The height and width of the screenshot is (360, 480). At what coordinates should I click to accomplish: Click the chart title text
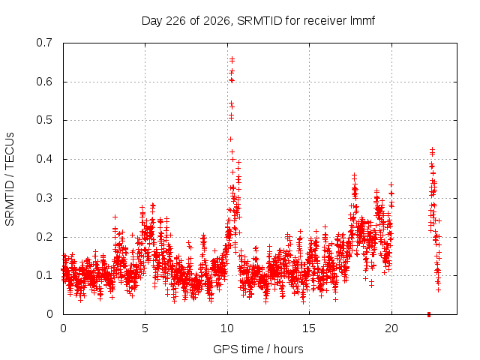click(258, 21)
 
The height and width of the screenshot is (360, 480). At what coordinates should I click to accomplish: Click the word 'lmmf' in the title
click(362, 21)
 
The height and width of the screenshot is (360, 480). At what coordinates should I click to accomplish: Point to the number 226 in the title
click(175, 21)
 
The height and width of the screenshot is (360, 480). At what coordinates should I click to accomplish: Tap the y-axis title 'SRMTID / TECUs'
click(10, 179)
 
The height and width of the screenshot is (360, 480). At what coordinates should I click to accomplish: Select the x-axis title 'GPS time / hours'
click(258, 349)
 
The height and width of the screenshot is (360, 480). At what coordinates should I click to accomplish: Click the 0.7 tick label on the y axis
click(44, 43)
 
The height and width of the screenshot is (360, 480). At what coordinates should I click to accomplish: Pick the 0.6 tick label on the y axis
click(44, 82)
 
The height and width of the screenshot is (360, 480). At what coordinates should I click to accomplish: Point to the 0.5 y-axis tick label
click(44, 120)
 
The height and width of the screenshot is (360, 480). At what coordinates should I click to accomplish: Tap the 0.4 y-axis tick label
click(44, 159)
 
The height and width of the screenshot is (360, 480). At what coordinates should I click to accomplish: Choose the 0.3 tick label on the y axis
click(44, 198)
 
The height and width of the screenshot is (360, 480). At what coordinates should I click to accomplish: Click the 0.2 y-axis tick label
click(44, 237)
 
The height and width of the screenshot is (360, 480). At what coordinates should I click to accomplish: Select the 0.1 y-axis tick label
click(44, 275)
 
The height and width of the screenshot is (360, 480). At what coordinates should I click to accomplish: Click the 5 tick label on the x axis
click(145, 328)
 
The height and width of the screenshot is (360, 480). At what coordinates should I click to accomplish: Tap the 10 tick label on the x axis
click(227, 328)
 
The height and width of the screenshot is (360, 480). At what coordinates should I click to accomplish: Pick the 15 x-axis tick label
click(309, 328)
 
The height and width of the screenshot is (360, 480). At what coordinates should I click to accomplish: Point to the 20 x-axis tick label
click(391, 328)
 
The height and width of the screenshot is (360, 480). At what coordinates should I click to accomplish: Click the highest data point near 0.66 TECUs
click(232, 58)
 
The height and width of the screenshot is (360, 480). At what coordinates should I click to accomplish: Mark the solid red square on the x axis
click(429, 314)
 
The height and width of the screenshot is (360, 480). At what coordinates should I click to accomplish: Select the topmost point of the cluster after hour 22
click(432, 150)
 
